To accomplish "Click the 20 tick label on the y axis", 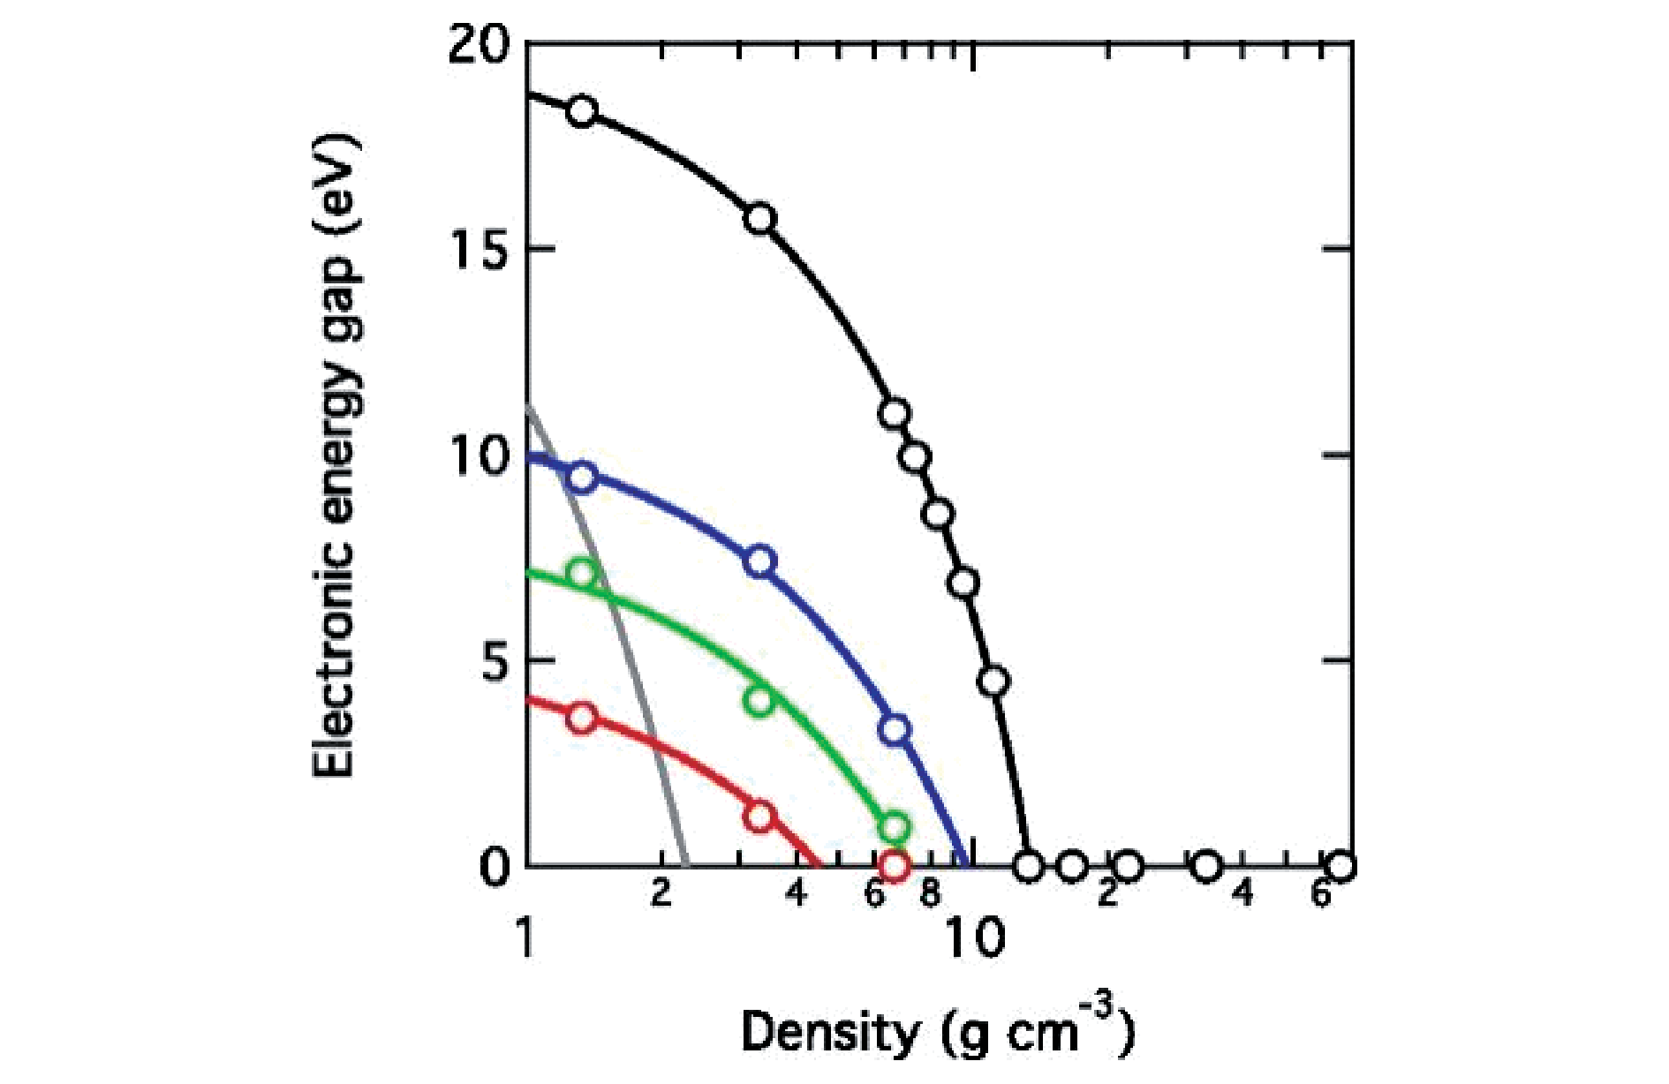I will (479, 44).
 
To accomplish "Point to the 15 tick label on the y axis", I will (479, 250).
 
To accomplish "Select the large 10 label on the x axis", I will (975, 938).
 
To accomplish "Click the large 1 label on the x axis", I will (526, 938).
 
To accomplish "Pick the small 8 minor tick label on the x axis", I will (929, 893).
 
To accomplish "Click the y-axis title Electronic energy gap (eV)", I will (336, 455).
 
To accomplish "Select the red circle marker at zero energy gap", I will (895, 867).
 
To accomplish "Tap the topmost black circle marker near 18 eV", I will (582, 111).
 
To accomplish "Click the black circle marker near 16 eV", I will (760, 218).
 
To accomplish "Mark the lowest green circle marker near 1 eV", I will (895, 827).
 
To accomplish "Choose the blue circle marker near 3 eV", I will (895, 730).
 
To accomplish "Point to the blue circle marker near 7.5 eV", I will (760, 561).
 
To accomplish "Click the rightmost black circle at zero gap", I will (1340, 867).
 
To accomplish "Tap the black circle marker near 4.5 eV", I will (994, 681).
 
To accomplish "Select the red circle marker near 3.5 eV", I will (582, 718).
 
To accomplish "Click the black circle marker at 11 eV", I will (895, 413).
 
